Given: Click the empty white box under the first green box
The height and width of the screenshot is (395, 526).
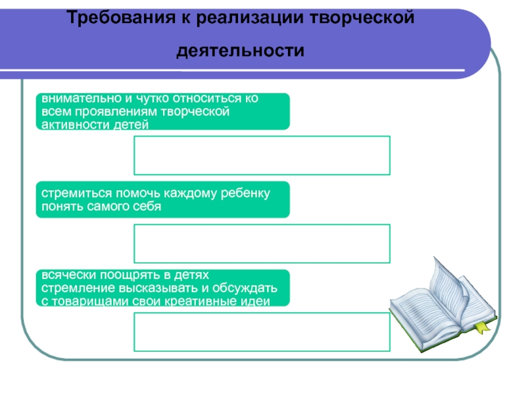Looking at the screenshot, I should click(x=262, y=155).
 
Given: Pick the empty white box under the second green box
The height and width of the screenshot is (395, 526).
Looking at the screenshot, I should click(x=262, y=244).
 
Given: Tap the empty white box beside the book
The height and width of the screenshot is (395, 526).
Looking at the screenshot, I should click(x=262, y=332).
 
